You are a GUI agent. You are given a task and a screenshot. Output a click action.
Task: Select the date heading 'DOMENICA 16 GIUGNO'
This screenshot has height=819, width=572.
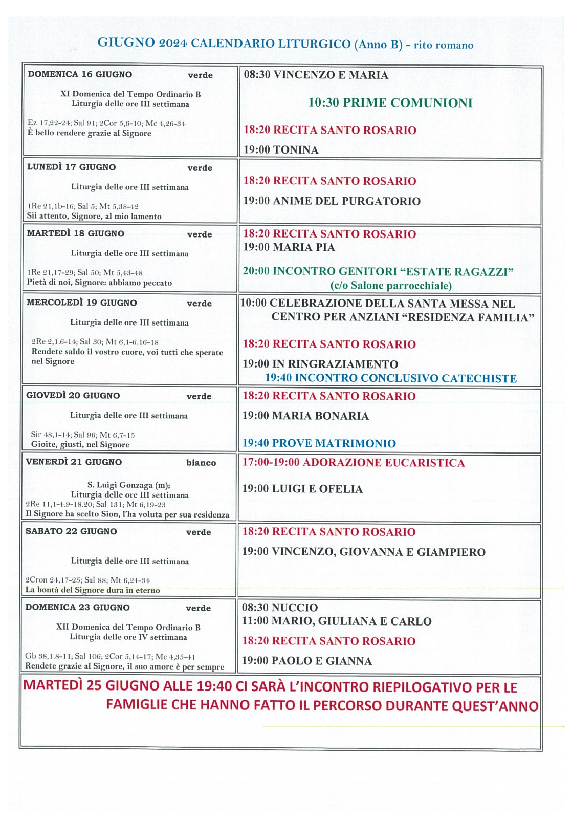(x=80, y=74)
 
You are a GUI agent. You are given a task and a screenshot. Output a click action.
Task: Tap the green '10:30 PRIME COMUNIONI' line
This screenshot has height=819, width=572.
(x=390, y=103)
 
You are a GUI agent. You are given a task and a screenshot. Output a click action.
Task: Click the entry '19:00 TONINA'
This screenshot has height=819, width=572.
(x=281, y=150)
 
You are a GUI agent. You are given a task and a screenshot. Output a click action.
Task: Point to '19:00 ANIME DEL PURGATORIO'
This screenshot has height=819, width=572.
(x=332, y=201)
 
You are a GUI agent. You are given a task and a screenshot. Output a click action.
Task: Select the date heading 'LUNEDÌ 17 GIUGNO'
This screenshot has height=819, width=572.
(x=71, y=167)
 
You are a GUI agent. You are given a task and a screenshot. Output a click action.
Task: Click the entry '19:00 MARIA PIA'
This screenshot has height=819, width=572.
(x=289, y=247)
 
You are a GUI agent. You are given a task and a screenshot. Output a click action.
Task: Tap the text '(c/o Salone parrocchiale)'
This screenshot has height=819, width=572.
(x=391, y=286)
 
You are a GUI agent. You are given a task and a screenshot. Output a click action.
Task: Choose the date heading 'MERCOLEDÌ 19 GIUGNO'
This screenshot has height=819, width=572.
(x=81, y=303)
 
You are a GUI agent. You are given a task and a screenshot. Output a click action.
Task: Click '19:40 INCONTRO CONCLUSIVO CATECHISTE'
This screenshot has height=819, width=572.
(x=390, y=378)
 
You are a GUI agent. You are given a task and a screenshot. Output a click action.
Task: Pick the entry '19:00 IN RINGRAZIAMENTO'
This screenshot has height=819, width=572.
(x=320, y=364)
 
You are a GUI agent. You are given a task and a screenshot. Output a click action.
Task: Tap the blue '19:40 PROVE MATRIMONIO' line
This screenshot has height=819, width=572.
(x=319, y=443)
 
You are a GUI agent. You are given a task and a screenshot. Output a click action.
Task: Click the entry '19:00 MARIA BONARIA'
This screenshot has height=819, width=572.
(x=305, y=416)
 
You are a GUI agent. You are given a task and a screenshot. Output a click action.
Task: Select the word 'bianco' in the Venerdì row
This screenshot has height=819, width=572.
(x=201, y=463)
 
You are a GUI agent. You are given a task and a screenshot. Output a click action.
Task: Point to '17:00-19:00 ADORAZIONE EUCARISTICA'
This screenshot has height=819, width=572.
(x=353, y=463)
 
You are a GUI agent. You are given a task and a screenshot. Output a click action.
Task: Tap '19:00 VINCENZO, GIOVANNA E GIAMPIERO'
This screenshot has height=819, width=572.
(x=363, y=552)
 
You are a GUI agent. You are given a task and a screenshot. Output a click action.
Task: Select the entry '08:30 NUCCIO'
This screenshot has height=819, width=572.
(x=280, y=608)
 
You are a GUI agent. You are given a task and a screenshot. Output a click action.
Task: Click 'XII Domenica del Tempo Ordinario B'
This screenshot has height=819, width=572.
(x=128, y=627)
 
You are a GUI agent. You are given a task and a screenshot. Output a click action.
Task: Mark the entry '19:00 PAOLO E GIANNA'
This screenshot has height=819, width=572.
(x=306, y=661)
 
